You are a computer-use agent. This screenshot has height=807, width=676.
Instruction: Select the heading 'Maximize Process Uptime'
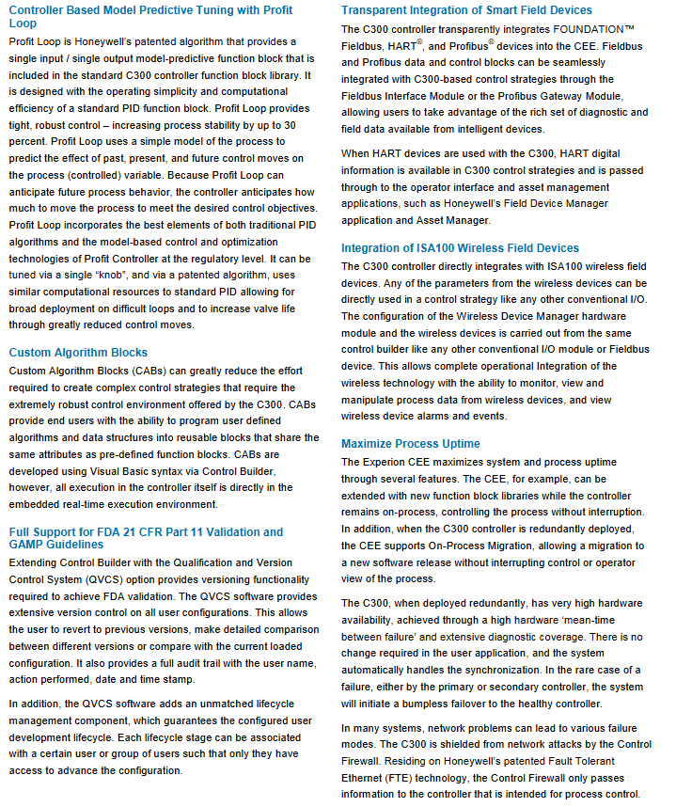coord(411,443)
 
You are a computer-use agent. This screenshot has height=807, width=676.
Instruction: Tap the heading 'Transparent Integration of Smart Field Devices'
coord(466,10)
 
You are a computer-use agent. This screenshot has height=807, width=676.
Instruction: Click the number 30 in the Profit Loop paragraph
coord(291,125)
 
